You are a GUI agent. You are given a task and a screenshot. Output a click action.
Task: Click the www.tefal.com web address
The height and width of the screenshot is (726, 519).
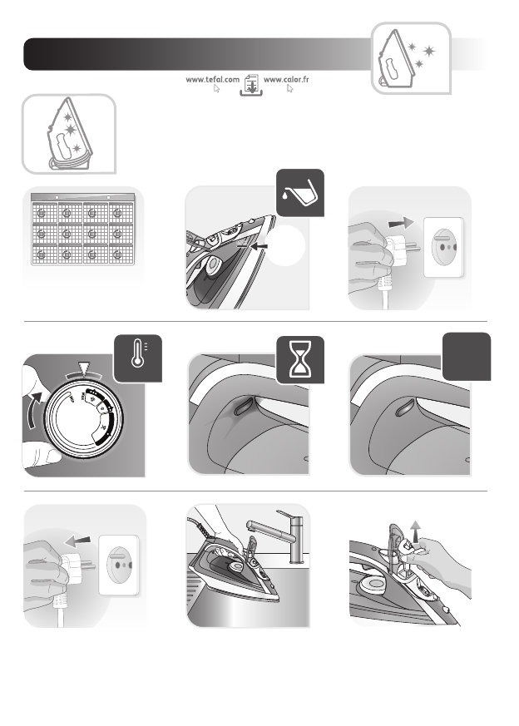tap(213, 79)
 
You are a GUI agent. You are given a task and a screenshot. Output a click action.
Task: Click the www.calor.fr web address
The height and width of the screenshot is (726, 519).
tap(286, 79)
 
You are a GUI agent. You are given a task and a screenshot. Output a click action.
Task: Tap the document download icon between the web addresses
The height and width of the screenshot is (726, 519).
tap(251, 85)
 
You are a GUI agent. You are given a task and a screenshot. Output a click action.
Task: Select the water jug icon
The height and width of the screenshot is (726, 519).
tap(300, 193)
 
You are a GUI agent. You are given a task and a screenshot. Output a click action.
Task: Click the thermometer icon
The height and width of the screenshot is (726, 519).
tap(138, 358)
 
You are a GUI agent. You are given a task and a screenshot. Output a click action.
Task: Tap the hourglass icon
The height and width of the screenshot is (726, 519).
tap(300, 360)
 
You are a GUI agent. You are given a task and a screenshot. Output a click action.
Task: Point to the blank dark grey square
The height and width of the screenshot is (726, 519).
tap(467, 356)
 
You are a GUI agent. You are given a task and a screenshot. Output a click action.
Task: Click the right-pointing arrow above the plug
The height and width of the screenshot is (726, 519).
tap(401, 223)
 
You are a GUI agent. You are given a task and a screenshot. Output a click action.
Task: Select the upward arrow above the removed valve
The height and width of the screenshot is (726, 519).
tap(416, 531)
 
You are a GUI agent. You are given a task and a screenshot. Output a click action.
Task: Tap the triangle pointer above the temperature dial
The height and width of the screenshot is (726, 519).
tap(83, 369)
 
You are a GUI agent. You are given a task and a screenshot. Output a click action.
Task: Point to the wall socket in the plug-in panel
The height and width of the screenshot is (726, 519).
tap(443, 247)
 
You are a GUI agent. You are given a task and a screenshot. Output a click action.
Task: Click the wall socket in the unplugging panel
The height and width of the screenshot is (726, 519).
tap(119, 565)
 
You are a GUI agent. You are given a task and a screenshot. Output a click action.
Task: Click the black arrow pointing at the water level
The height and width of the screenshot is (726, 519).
tap(259, 246)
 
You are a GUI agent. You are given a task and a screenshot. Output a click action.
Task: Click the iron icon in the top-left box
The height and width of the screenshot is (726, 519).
tap(67, 133)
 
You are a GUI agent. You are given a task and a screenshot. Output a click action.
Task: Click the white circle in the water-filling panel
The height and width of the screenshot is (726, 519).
tap(284, 245)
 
